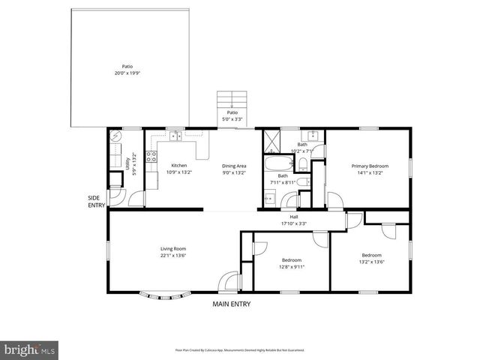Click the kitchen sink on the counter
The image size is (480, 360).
pos(175,136)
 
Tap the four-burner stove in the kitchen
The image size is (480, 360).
pos(151,157)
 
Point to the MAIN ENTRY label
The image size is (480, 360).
pos(231,304)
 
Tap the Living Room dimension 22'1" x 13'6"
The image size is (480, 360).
pos(172,256)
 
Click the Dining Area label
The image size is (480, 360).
pos(234,166)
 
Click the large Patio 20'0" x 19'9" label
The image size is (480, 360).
pos(128,73)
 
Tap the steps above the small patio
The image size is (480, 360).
pos(232,100)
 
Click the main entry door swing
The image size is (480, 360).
pos(225,282)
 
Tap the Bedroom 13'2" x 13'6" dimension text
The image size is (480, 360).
pos(372,262)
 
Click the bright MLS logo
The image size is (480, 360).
pos(30,349)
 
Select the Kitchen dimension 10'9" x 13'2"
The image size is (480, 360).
pos(179,172)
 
